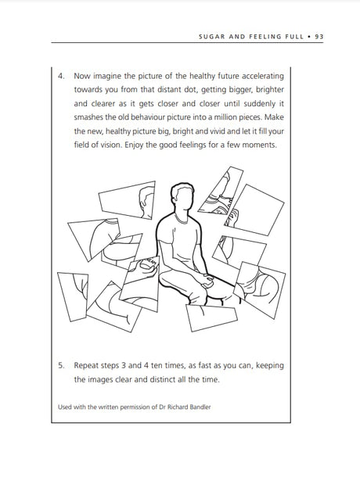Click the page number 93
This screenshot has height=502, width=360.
(x=319, y=37)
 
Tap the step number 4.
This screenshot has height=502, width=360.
(x=61, y=76)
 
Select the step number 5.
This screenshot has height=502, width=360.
(x=61, y=366)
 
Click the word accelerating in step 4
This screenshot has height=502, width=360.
(x=263, y=77)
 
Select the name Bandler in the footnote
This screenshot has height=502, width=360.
(x=201, y=407)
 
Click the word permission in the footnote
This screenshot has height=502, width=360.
(x=134, y=407)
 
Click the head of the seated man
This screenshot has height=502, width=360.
(x=182, y=196)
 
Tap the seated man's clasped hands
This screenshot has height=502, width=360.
(x=207, y=280)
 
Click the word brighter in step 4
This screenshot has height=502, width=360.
(x=269, y=90)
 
